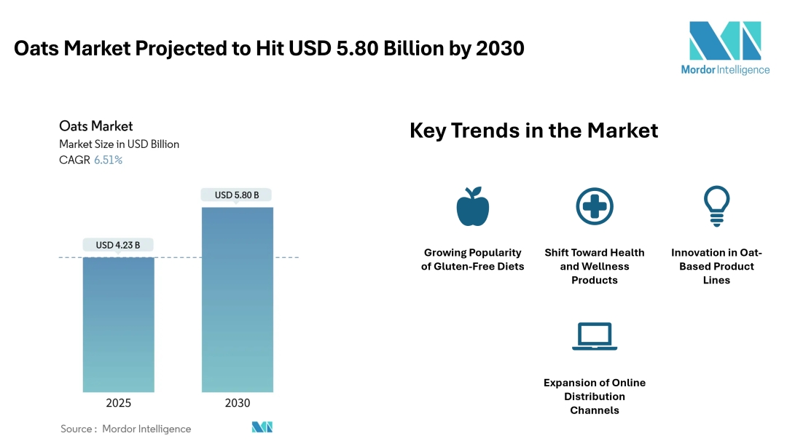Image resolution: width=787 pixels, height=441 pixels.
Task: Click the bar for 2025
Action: (x=118, y=324)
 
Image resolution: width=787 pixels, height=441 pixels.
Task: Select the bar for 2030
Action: (x=238, y=300)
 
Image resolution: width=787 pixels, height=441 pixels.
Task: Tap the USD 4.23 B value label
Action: (x=118, y=245)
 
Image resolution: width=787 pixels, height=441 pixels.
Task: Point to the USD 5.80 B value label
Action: (x=238, y=195)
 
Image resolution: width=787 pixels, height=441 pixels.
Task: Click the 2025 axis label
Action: (x=118, y=403)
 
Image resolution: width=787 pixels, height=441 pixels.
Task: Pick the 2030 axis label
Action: (x=238, y=403)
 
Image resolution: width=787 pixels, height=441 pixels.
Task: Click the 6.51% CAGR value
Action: (x=108, y=160)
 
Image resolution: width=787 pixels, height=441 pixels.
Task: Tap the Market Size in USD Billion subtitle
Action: (x=119, y=144)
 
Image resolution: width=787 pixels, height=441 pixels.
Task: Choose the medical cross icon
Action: (x=594, y=206)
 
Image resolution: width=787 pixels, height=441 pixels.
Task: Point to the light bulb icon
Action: (x=716, y=205)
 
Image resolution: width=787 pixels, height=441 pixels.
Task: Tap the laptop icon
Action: (x=594, y=336)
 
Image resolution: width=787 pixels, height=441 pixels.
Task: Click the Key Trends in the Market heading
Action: (x=533, y=130)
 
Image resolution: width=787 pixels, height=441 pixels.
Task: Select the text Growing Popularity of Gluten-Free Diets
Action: (x=472, y=259)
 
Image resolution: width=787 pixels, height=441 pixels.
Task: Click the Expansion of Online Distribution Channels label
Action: (x=594, y=397)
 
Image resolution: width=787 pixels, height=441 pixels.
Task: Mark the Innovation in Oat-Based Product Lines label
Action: (x=716, y=266)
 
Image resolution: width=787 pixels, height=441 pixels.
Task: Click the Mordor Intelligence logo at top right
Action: (x=724, y=47)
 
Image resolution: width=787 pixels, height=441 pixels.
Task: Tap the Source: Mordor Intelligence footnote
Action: (x=125, y=429)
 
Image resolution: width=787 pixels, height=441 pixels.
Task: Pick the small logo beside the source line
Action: (x=262, y=427)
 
